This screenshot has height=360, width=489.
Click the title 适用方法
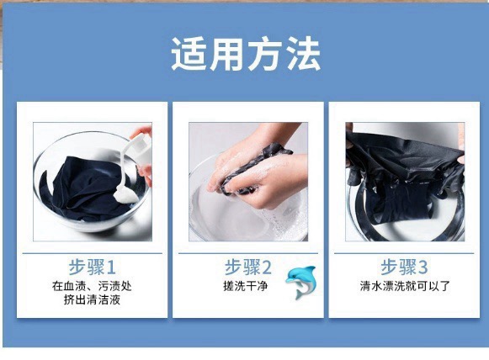coord(246,54)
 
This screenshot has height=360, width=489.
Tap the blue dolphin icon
coord(301,282)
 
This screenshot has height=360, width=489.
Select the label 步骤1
coord(92,267)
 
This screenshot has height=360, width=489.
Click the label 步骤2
coord(248,267)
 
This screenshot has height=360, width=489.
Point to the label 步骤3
coord(404,267)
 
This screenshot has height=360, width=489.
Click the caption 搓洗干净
coord(246,286)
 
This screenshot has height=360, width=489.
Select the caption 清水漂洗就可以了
coord(405,286)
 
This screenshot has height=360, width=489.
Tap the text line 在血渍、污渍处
coord(92,286)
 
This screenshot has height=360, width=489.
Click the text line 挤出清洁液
coord(92,299)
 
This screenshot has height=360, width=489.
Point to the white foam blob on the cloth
coord(125,193)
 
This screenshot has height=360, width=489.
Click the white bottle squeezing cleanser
coord(140,146)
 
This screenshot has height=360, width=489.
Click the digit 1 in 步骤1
coord(111,267)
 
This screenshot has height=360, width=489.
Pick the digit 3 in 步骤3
coord(423,267)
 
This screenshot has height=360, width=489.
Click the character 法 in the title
coord(303,54)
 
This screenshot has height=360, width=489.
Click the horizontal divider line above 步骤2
coord(248,253)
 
